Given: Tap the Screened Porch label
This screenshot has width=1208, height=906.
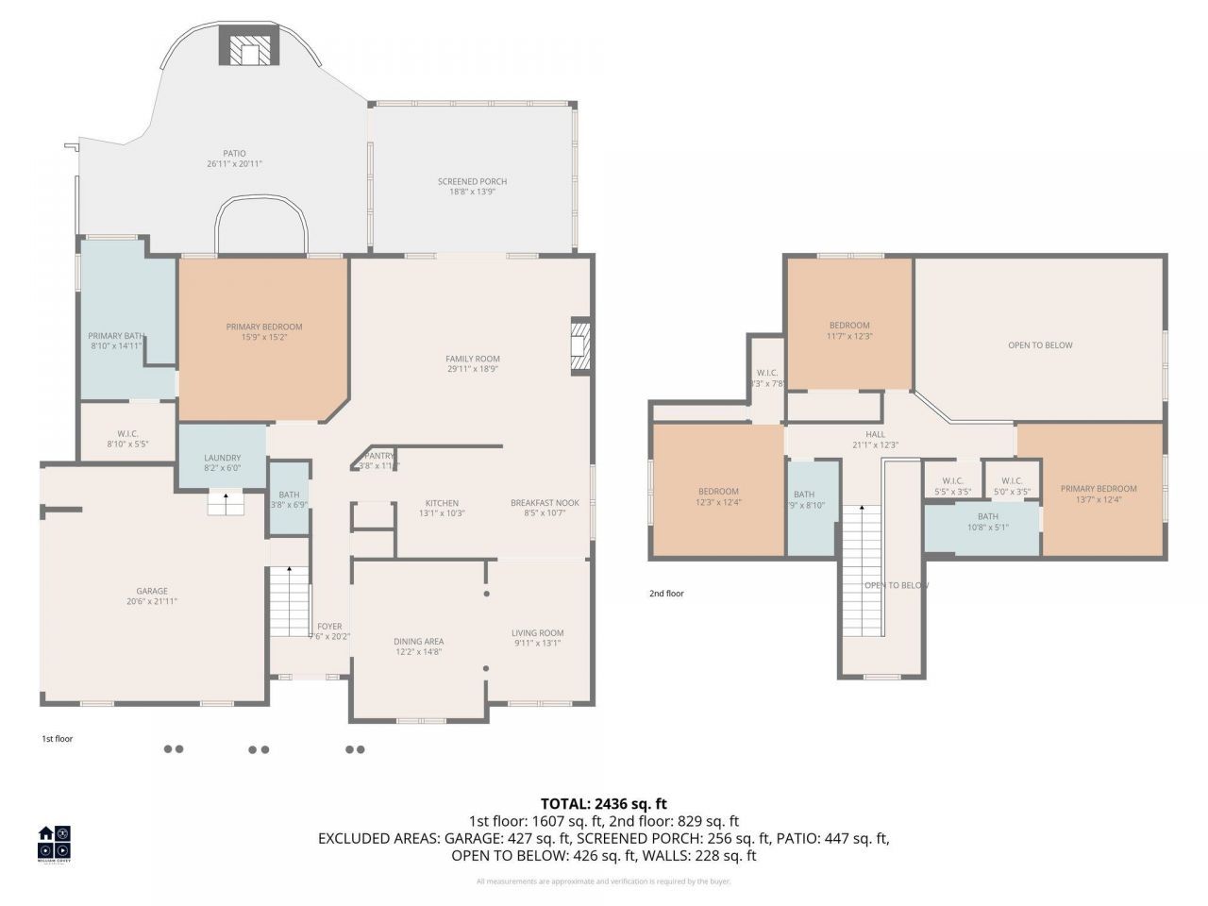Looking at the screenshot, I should point(472,181).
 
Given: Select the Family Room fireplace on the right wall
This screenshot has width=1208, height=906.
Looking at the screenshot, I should point(580,347).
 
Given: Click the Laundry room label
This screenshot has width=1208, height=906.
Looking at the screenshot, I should point(223,458).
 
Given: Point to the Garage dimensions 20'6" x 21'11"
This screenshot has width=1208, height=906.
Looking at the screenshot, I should point(152,601).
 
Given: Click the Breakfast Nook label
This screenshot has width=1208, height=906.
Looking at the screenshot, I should point(545,503).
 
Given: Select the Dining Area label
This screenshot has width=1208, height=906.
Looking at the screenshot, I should point(419,642).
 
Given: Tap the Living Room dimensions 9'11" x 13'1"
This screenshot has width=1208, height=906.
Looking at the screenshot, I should point(537,644).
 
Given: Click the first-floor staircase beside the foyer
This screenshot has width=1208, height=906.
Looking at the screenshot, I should point(291,601).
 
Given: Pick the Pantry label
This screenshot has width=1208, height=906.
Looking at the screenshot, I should point(378,456).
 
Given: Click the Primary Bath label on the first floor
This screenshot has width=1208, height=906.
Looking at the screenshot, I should point(115,336).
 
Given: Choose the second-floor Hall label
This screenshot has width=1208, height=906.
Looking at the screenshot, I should point(875,434).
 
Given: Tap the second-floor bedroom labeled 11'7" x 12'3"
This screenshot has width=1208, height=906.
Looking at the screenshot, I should point(849,326).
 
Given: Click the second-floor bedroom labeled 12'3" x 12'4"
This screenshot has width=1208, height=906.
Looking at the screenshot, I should point(718,492).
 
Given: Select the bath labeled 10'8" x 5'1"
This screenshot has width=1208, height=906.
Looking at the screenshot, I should point(987,516).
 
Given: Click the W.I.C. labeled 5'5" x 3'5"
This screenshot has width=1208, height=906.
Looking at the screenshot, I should point(952,480).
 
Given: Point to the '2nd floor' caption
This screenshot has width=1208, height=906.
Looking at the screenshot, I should point(666,594).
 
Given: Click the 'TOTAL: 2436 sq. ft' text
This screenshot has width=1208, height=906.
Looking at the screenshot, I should point(603,804).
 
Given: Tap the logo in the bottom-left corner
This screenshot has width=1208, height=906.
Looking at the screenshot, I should point(54,843).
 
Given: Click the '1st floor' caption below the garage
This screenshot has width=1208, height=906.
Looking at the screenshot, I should point(57,739).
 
